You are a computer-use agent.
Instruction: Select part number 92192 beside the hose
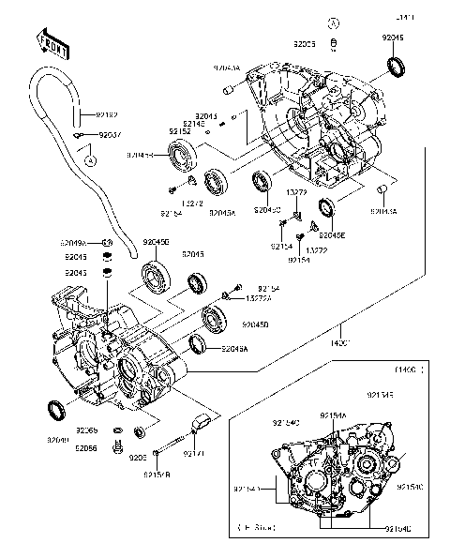(108, 114)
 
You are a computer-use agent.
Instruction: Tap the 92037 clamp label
(111, 135)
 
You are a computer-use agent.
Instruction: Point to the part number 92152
(180, 131)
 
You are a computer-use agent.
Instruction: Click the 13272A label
(258, 297)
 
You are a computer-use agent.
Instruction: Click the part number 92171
(194, 454)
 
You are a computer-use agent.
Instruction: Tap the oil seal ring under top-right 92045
(397, 67)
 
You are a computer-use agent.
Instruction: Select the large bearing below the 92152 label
(179, 156)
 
